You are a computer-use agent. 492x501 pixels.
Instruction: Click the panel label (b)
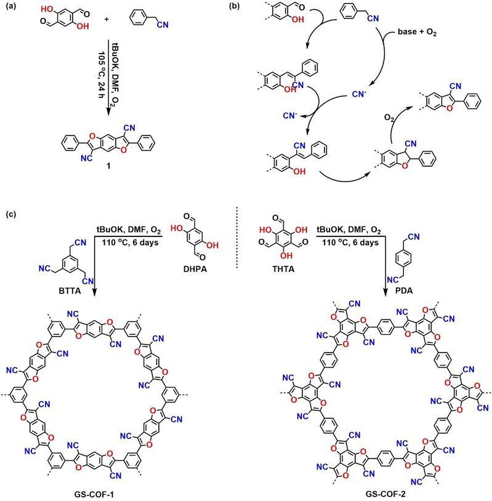click(x=254, y=8)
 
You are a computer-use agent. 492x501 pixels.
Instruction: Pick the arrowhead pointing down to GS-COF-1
click(x=95, y=298)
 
